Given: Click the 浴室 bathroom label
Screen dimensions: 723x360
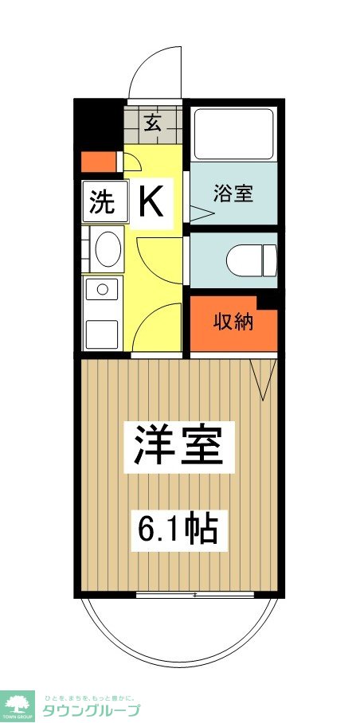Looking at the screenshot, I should (233, 193).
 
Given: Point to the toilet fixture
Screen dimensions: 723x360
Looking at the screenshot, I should (252, 260).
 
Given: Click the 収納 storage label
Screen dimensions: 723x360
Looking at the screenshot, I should (233, 322).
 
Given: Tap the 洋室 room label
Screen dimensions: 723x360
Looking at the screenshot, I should (178, 445).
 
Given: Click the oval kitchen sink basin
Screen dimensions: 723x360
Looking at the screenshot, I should (108, 249).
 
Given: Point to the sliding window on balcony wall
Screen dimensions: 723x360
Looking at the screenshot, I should (195, 594).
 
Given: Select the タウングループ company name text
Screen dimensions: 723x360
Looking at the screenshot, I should (91, 712).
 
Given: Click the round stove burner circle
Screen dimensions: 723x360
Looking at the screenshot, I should (101, 289).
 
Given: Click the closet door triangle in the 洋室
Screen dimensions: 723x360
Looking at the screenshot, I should (262, 378).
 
